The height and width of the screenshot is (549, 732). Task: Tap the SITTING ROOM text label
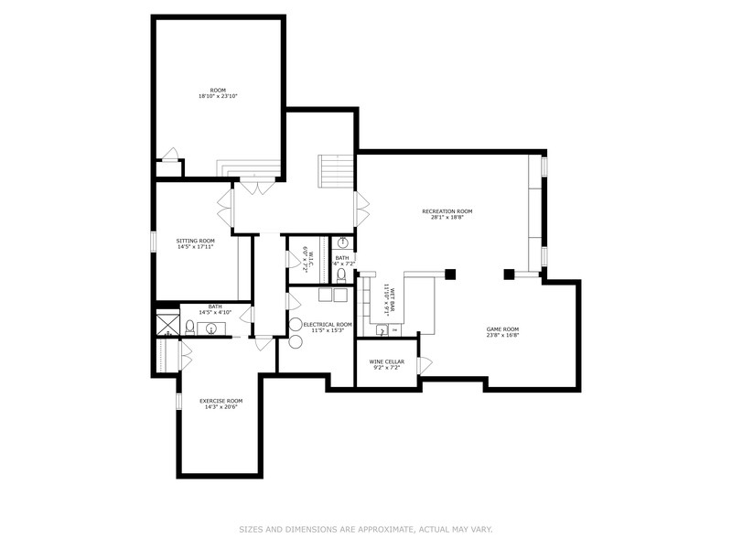[195, 243]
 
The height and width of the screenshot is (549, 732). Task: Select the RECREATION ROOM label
[447, 214]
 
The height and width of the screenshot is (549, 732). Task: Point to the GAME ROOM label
[501, 332]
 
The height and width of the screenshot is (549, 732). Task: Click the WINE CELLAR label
[386, 364]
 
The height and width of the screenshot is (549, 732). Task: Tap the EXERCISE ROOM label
[221, 404]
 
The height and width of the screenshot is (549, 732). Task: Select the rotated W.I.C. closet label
[309, 260]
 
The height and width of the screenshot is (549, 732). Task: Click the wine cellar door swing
[424, 365]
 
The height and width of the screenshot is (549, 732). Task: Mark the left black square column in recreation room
[449, 273]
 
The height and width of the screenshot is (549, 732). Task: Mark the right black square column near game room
[510, 273]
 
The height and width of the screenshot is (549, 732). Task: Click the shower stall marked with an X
[167, 325]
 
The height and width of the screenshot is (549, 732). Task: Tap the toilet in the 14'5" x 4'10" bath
[189, 326]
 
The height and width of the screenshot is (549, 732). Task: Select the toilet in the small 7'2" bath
[341, 272]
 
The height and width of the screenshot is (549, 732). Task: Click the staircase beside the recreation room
[334, 172]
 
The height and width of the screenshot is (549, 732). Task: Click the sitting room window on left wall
[154, 241]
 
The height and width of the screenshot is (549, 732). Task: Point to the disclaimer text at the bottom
[366, 529]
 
